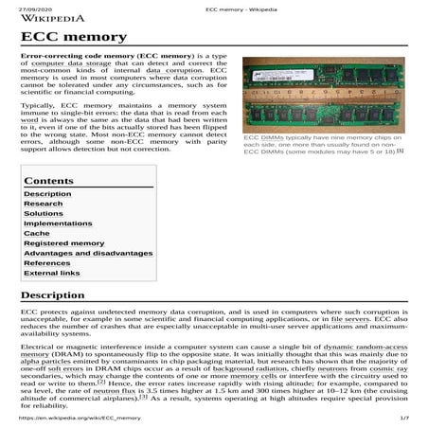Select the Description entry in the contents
[47, 194]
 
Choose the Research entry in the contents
[44, 204]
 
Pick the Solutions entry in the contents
[44, 214]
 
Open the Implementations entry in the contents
[58, 223]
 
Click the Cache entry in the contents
[37, 233]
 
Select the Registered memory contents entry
[63, 243]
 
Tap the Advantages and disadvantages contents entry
[88, 253]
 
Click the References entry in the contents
[47, 263]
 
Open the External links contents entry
[52, 273]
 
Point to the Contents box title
[48, 180]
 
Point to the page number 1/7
[404, 418]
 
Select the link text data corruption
[175, 97]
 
